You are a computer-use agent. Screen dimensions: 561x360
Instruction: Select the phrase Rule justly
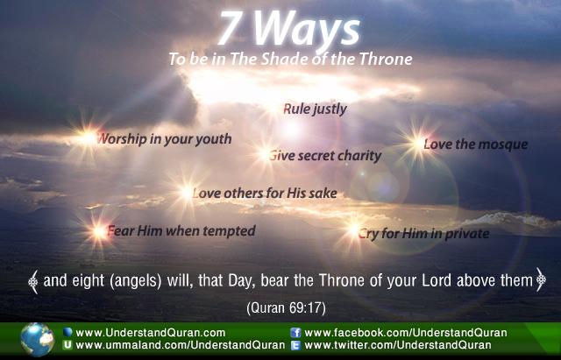click(x=315, y=109)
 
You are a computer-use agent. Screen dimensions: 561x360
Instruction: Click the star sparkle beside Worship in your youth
click(x=87, y=138)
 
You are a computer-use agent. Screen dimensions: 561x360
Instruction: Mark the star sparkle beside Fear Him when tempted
click(x=99, y=231)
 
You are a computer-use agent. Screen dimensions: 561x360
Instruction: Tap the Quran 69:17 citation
click(x=286, y=308)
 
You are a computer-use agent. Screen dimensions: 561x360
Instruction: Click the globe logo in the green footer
click(x=37, y=340)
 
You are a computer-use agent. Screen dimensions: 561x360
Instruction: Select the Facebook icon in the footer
click(x=295, y=333)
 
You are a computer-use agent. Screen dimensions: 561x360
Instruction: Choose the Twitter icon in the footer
click(x=295, y=345)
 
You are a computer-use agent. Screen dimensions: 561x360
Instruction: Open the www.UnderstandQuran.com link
click(x=150, y=333)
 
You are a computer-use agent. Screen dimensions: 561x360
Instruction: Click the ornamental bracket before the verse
click(x=33, y=282)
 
